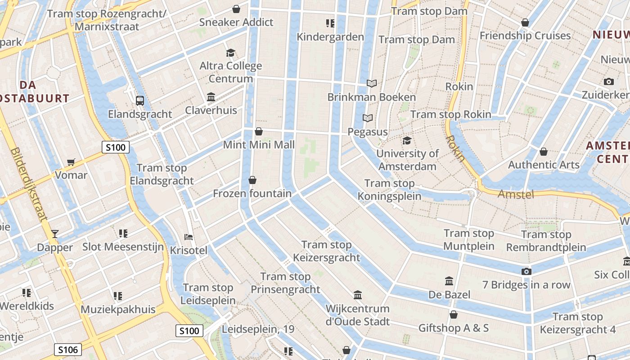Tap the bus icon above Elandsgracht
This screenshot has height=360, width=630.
(x=140, y=101)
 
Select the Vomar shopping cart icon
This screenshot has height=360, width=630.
(x=71, y=162)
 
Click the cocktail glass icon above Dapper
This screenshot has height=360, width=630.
(x=55, y=234)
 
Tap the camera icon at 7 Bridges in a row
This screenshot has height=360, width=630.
(x=526, y=271)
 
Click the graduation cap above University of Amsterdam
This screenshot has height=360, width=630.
(x=407, y=140)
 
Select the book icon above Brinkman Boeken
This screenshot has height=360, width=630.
(x=371, y=84)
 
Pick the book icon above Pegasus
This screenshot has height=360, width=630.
(x=368, y=118)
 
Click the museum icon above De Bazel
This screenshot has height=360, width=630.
(x=449, y=281)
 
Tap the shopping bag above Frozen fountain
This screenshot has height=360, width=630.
(x=252, y=180)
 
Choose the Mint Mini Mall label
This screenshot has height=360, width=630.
(x=259, y=144)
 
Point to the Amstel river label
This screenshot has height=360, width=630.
(x=516, y=194)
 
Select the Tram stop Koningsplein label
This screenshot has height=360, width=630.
(x=390, y=189)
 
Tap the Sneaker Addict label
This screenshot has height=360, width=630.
(x=236, y=22)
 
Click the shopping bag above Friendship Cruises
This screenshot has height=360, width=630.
(x=525, y=22)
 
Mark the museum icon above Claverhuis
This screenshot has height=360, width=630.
(x=211, y=97)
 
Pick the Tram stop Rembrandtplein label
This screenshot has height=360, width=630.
(x=546, y=241)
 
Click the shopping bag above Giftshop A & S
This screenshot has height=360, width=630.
(x=454, y=315)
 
